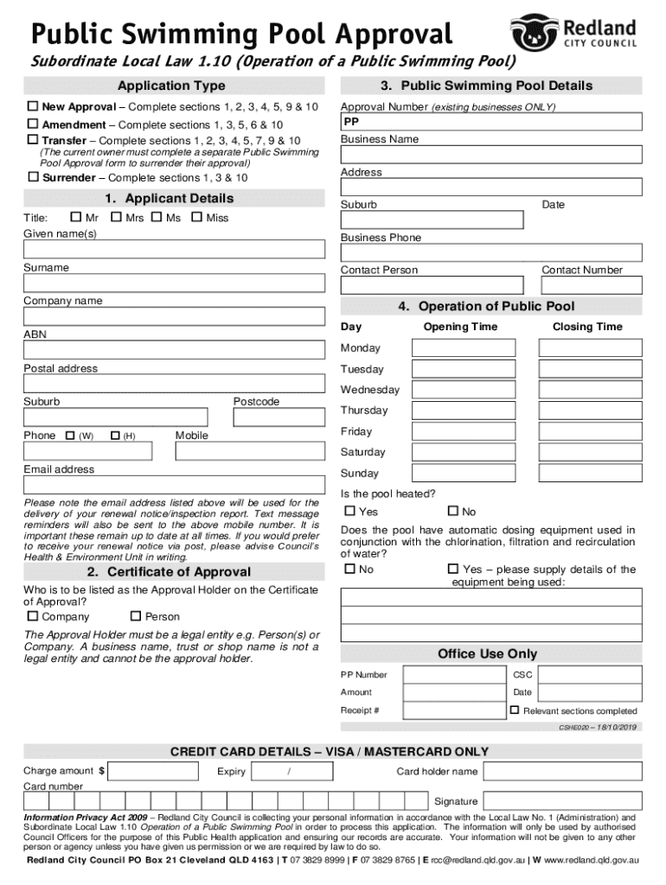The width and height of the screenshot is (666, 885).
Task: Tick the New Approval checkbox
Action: pos(33,106)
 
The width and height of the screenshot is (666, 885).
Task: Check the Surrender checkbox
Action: pos(33,176)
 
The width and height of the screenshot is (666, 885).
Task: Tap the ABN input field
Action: pos(174,351)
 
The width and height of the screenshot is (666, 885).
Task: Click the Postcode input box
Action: pos(279,417)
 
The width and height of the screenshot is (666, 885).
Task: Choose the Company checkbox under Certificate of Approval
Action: pos(33,616)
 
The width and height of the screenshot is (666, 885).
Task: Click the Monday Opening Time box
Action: pos(464,347)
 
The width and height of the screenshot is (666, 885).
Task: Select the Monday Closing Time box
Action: pos(590,347)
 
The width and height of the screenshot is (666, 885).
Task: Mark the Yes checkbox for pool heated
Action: pos(350,512)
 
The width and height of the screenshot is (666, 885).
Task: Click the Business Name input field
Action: pos(491,155)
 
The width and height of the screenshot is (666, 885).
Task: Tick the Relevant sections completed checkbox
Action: pos(515,710)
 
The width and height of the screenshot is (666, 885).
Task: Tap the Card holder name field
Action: pos(562,771)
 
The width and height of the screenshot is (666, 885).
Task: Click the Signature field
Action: pos(562,801)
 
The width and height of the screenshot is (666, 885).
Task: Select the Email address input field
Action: pos(174,485)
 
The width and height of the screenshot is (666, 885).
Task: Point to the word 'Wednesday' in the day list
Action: pos(370,390)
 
